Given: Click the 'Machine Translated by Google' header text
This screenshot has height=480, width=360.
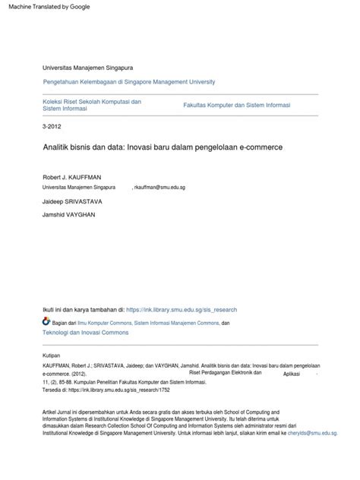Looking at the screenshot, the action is [47, 6].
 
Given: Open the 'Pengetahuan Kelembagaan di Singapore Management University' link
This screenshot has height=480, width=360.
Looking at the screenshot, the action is [129, 81].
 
